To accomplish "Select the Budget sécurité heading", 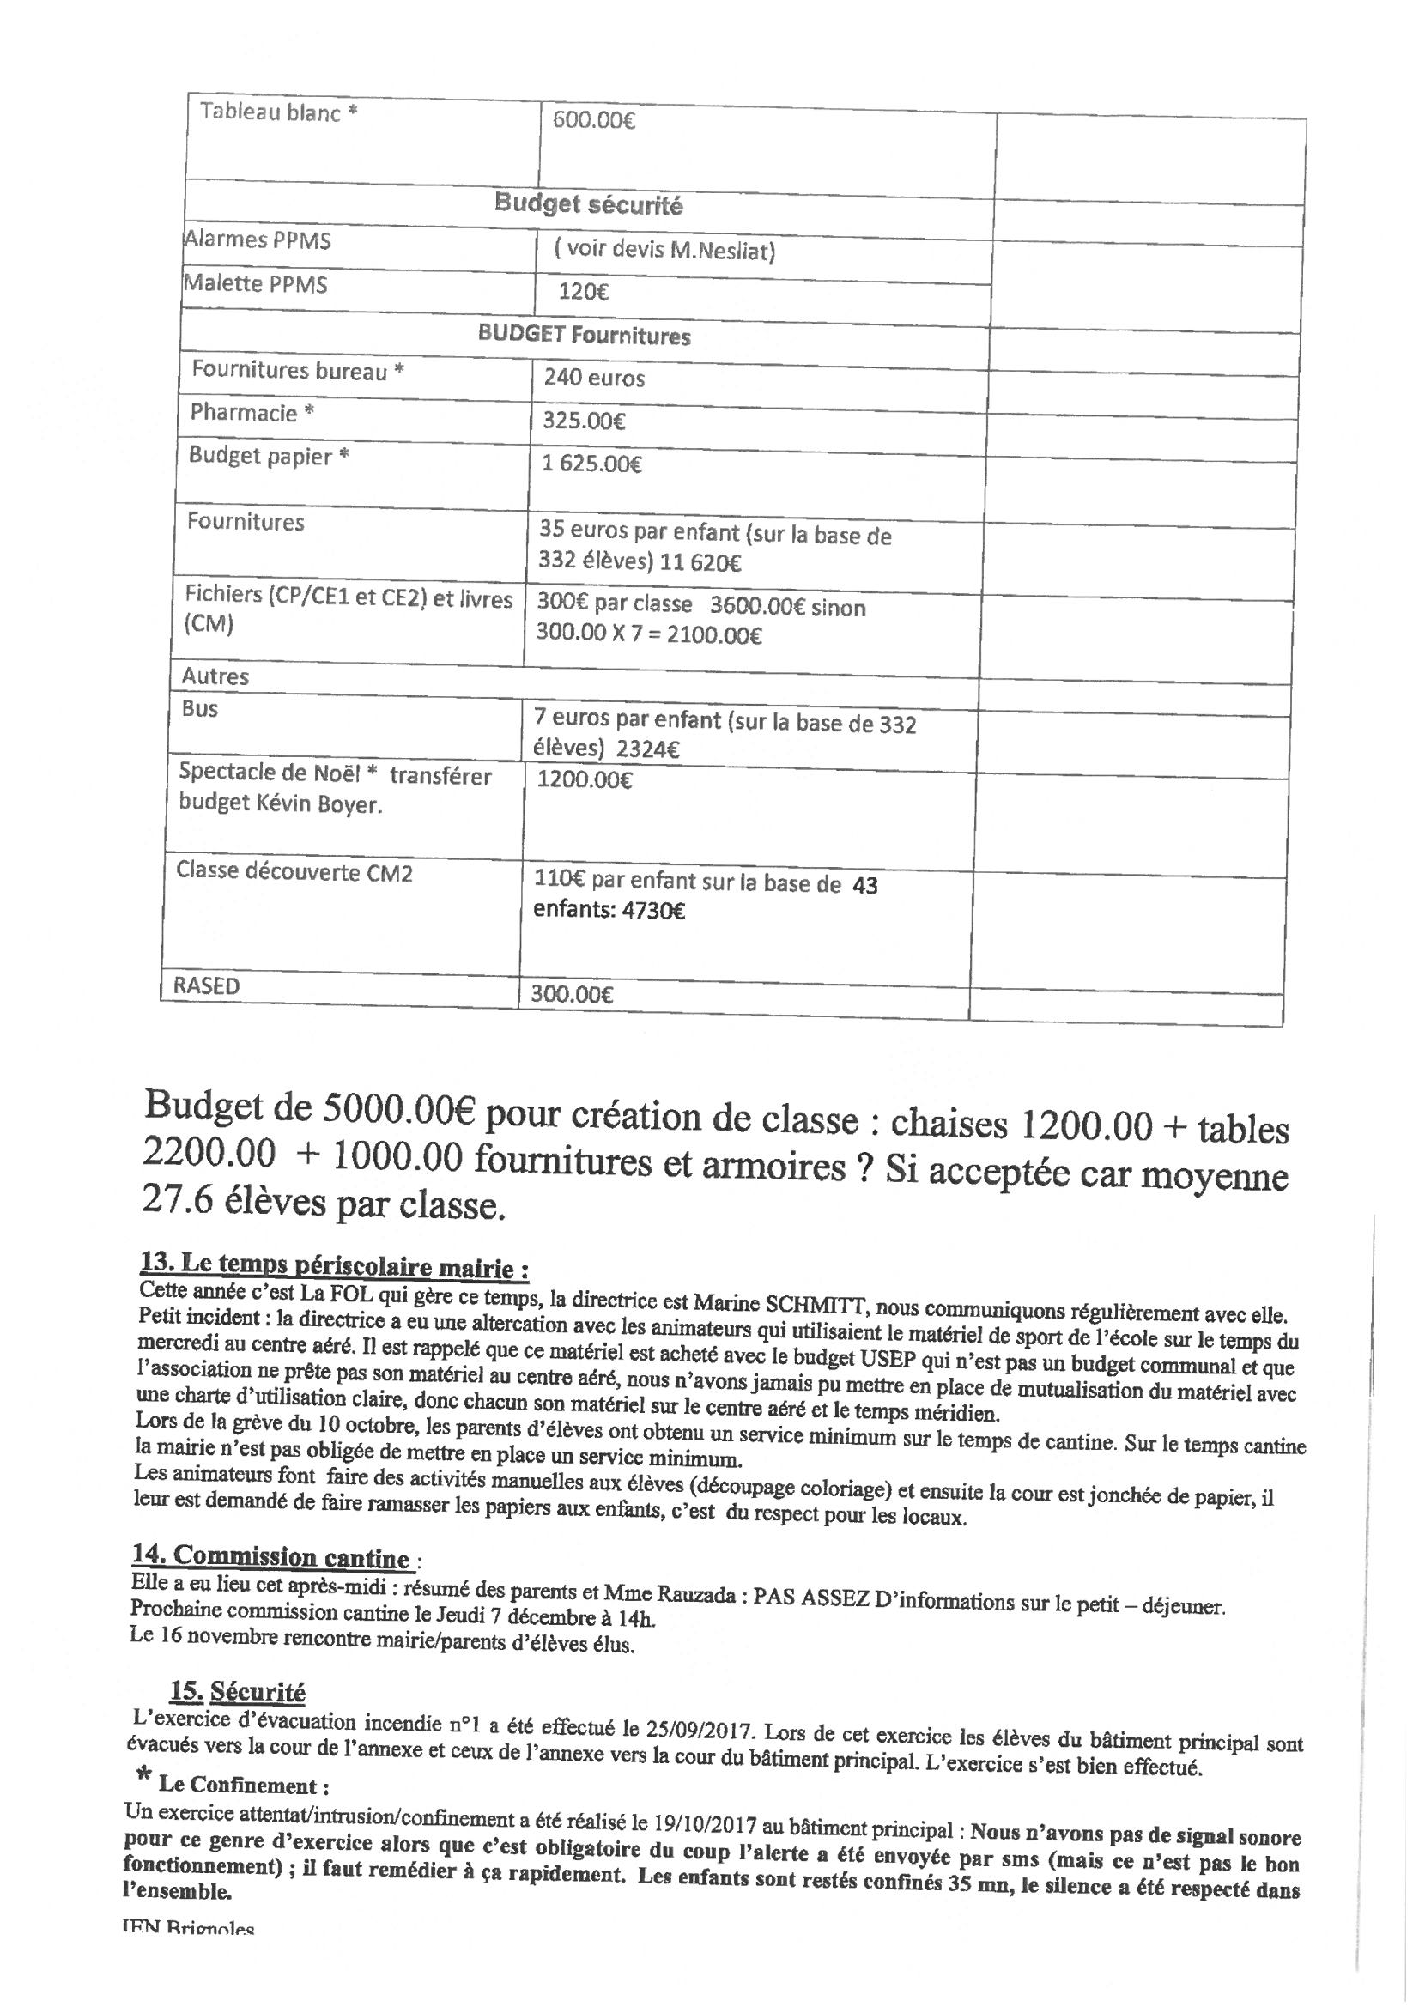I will point(588,204).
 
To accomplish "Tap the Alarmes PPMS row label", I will point(257,240).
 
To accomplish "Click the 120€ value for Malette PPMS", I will point(583,290).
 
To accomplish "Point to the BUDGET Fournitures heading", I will point(584,336).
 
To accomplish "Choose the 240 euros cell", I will point(594,378).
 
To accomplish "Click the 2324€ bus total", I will point(648,749).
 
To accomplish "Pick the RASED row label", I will point(206,986).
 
